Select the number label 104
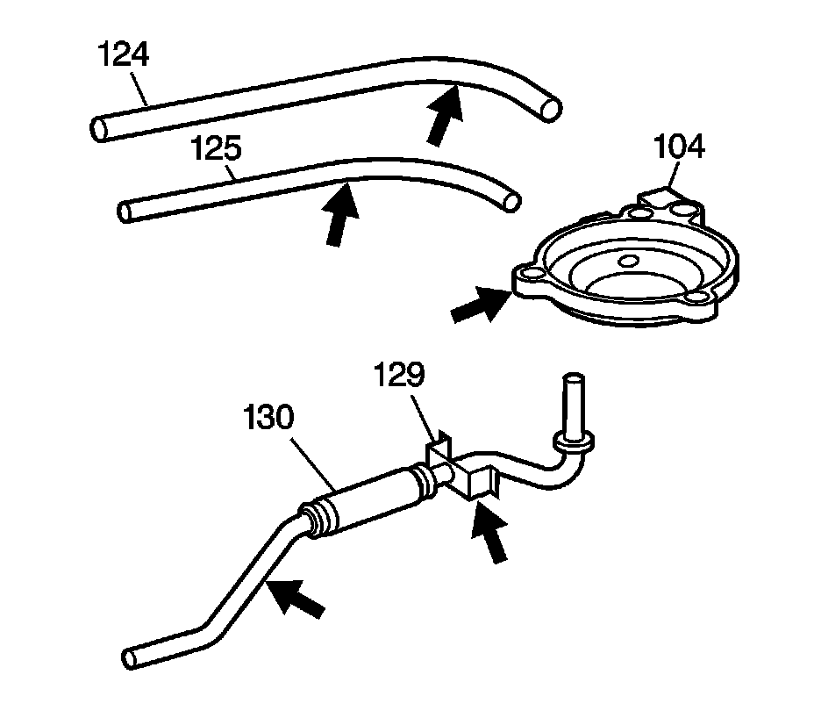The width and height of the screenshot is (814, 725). pos(681,147)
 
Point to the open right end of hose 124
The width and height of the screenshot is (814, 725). pos(550,109)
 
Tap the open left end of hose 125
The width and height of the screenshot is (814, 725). pos(125,211)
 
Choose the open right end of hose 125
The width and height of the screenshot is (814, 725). pos(511,201)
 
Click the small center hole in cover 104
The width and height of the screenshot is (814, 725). pos(628,261)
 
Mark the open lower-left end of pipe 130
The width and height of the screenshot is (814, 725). pos(133,657)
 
